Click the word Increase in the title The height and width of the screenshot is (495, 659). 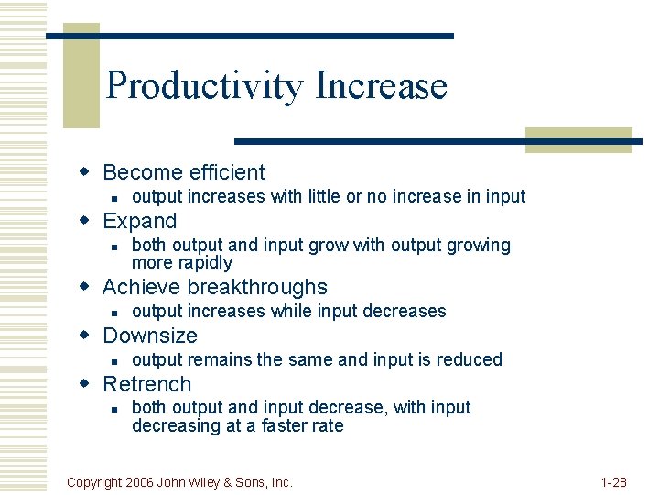[381, 85]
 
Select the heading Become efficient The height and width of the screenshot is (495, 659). [184, 172]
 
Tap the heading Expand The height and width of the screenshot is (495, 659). [140, 221]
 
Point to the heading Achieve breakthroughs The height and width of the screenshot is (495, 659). [215, 287]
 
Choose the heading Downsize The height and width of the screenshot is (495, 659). [150, 335]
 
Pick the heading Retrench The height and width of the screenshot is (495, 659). [147, 384]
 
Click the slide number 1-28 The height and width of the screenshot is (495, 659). [612, 482]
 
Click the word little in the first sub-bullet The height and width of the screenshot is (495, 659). [321, 196]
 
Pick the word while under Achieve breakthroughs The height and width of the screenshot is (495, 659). [292, 311]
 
